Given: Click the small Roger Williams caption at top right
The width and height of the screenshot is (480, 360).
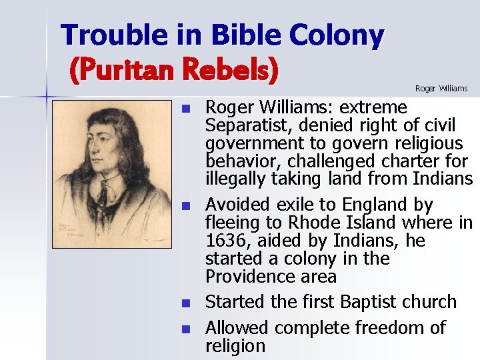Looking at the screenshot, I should coord(441,88).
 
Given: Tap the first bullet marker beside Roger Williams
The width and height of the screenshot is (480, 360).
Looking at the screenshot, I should coord(187,109).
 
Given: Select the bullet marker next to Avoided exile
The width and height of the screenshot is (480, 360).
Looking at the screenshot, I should coord(187,205).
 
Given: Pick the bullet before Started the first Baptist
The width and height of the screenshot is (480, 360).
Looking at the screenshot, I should coord(187,303).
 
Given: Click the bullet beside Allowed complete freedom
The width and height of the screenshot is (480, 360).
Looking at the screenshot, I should coord(187,329).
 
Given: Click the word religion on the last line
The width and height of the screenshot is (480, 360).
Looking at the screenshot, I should coord(235,346).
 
